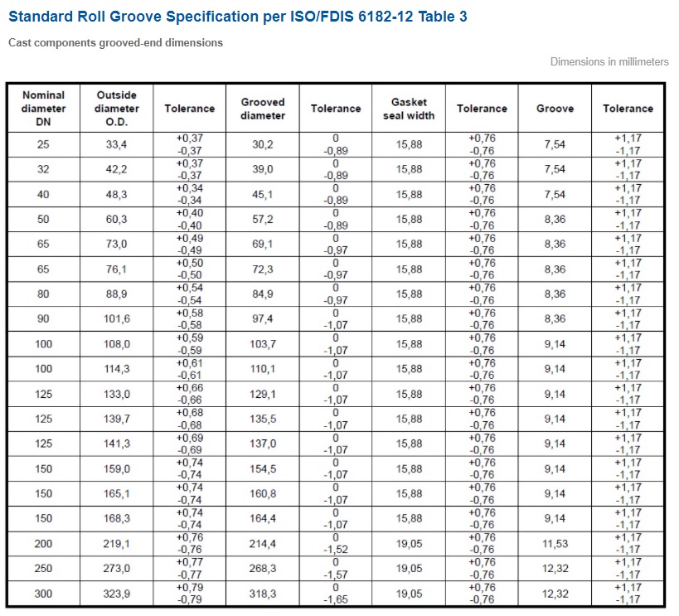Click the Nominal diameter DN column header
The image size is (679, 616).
pos(43,109)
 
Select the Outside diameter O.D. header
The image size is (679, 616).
pos(117,109)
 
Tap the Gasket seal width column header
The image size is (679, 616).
pos(409,109)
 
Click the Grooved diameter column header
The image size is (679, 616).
pos(263,109)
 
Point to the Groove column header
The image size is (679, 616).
pos(555,109)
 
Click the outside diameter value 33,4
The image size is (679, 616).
pos(117,144)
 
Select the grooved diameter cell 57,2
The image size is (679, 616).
pos(263,219)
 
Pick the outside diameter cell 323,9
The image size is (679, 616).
pos(117,594)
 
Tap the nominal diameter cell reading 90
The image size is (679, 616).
pos(43,319)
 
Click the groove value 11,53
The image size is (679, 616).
pos(555,544)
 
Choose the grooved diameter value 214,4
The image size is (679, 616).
pos(263,544)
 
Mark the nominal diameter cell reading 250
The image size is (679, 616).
pos(43,569)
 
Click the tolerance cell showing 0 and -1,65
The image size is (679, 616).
pos(336,594)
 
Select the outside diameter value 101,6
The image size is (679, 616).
pos(117,319)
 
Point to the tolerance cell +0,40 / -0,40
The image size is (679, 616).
pos(190,219)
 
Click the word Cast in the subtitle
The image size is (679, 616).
pos(20,43)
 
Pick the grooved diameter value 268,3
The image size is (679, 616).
pos(263,569)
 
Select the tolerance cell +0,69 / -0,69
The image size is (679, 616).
pos(190,444)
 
